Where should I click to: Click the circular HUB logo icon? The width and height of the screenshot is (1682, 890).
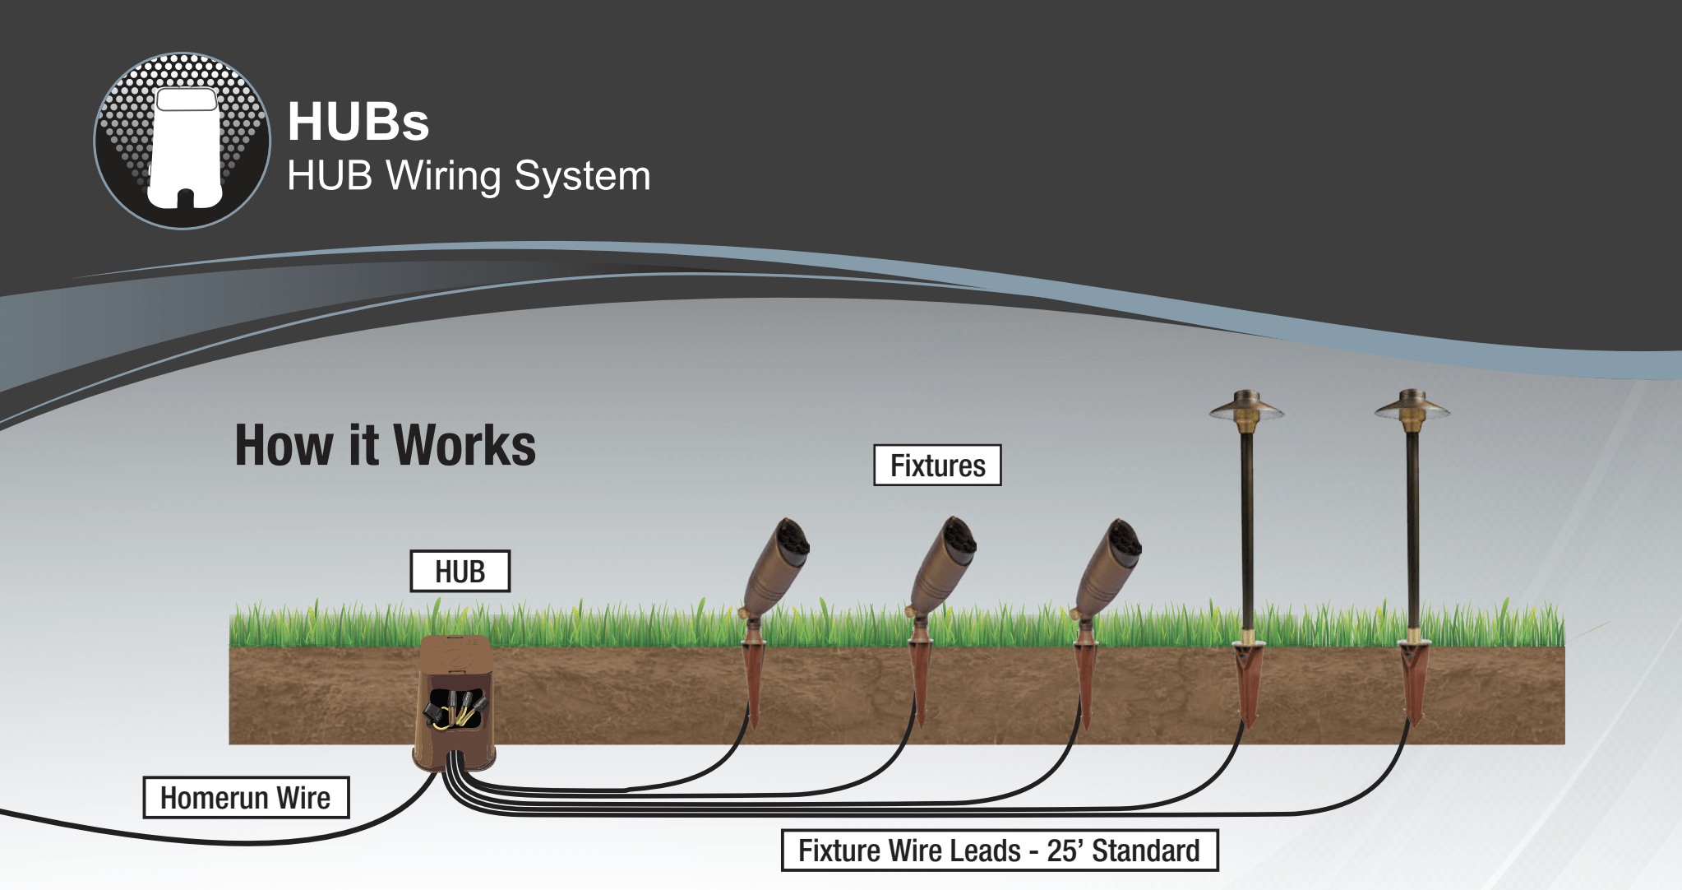(x=182, y=141)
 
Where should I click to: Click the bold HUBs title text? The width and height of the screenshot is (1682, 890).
(x=358, y=122)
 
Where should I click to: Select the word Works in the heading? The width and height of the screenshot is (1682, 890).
(x=464, y=446)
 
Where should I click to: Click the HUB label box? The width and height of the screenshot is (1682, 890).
(x=460, y=572)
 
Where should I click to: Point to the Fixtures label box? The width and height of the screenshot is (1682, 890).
(x=937, y=466)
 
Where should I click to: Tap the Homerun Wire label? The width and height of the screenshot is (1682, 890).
(x=246, y=798)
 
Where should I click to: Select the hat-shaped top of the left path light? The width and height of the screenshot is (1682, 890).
(x=1246, y=408)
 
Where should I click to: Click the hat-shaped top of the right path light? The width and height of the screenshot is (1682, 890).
(x=1412, y=407)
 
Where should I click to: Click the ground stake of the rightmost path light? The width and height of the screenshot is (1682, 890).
(x=1414, y=683)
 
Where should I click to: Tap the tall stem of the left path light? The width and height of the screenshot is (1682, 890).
(x=1246, y=535)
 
